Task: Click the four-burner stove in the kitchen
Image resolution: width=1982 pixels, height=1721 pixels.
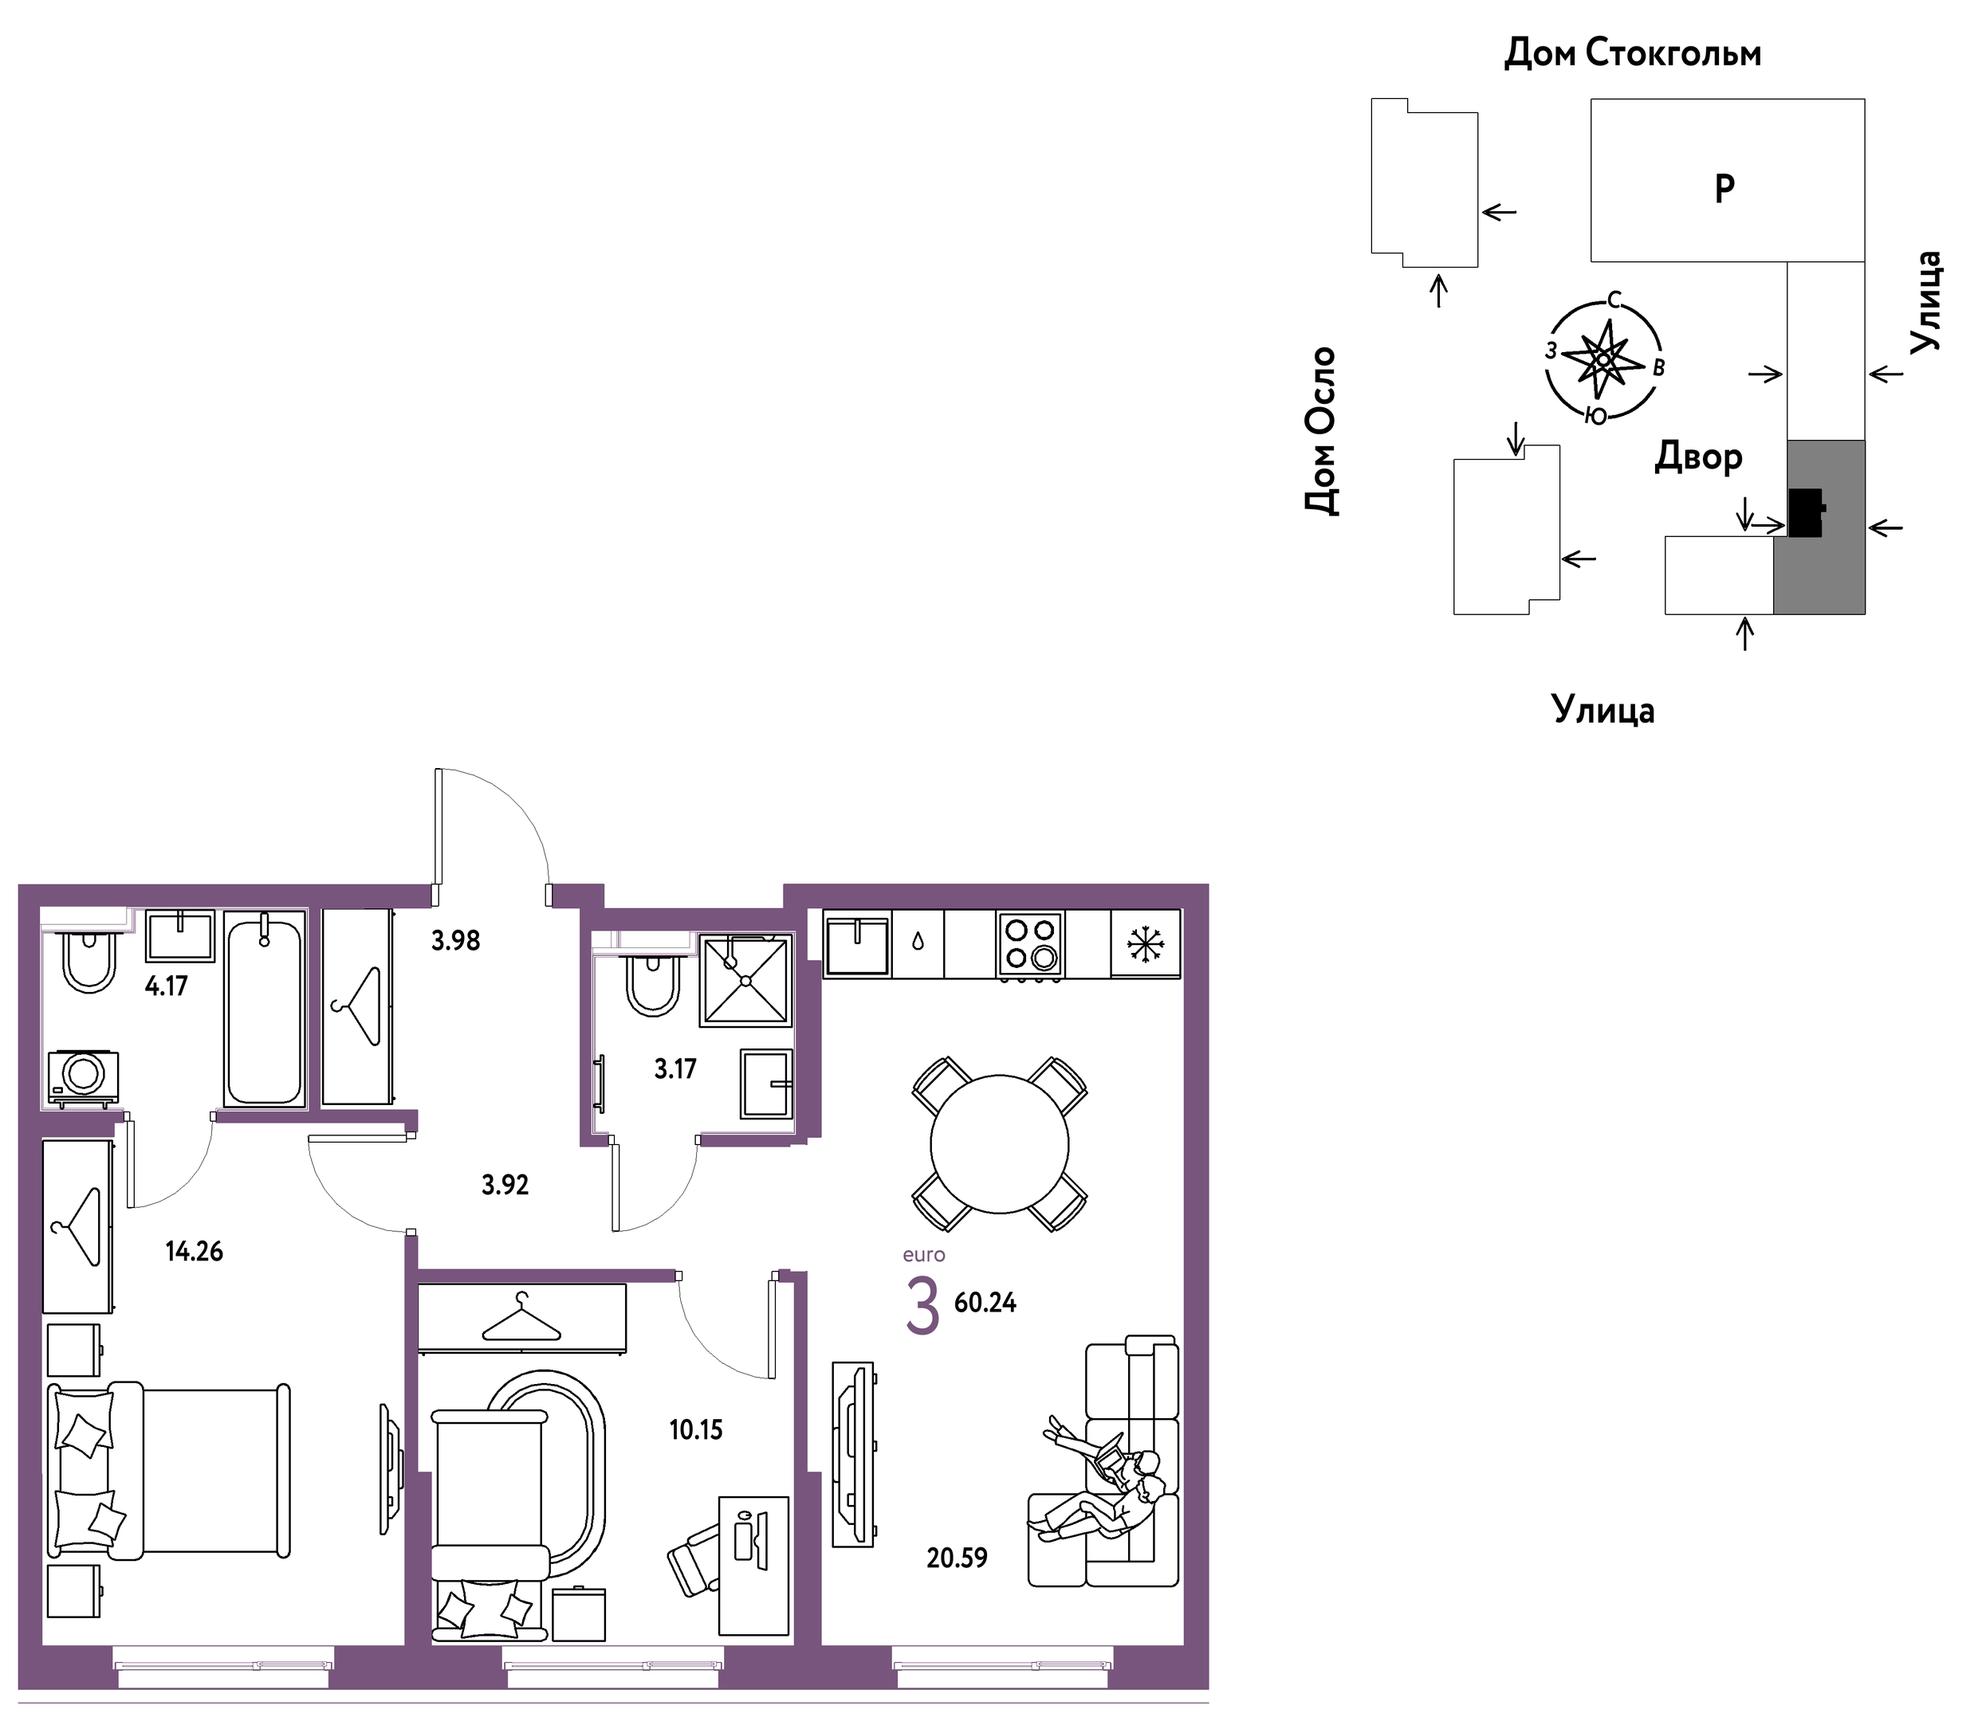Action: click(x=1030, y=944)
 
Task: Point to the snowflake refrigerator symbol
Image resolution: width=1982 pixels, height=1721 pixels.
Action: click(x=1145, y=943)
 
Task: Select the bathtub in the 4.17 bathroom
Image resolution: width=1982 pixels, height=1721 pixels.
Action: click(x=264, y=1009)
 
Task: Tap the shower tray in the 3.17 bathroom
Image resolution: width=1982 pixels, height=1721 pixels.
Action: click(x=746, y=979)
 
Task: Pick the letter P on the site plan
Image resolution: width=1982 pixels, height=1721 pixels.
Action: click(x=1724, y=188)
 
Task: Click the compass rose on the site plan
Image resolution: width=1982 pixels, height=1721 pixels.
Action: click(x=1603, y=359)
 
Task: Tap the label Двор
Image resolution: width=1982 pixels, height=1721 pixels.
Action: click(x=1697, y=457)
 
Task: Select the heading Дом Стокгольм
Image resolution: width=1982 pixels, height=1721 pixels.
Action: click(x=1632, y=53)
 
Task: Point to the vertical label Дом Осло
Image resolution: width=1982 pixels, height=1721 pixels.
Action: click(x=1321, y=431)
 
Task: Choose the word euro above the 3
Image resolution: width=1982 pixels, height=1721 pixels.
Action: click(x=923, y=1254)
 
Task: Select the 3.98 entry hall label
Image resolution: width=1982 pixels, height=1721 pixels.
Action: click(x=455, y=940)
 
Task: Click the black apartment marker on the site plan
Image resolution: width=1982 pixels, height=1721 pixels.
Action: click(x=1805, y=512)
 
